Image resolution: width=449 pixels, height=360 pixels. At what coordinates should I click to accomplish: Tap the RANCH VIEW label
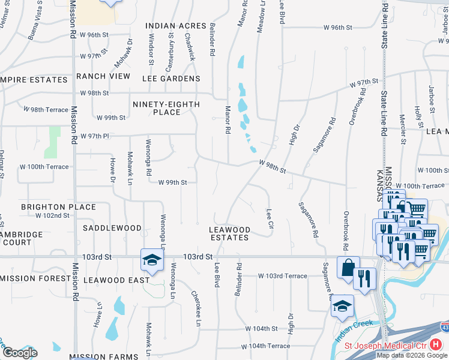103,76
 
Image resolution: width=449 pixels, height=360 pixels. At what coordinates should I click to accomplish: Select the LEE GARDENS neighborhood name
171,79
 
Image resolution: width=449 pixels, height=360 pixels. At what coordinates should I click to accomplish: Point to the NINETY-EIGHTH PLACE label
166,108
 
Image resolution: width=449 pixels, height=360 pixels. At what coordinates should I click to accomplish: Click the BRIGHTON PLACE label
58,207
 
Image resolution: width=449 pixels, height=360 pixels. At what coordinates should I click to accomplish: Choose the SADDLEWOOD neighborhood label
112,228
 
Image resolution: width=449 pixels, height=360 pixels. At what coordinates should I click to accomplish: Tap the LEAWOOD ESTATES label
229,233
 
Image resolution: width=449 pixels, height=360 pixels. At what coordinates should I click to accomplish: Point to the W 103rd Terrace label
282,276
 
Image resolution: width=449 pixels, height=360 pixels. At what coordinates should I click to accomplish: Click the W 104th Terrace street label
265,347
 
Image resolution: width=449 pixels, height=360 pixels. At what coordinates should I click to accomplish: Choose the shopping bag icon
348,268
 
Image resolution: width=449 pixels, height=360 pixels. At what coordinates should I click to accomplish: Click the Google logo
19,352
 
